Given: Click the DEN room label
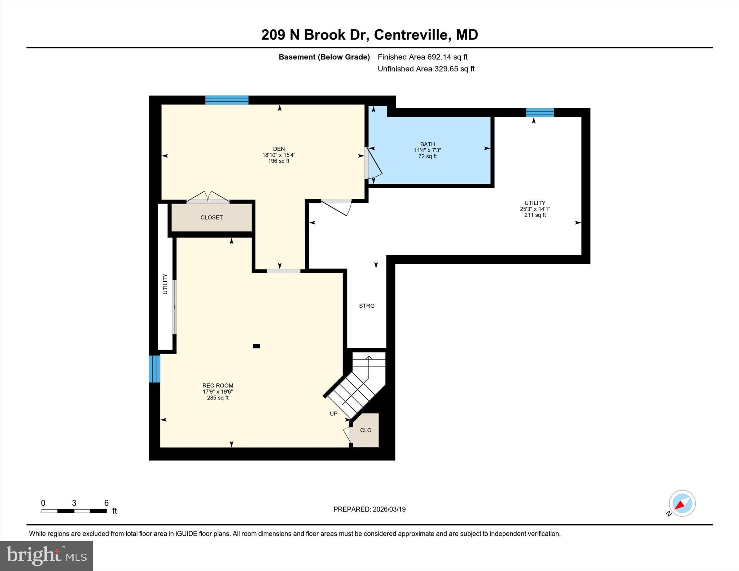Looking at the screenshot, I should [279, 149].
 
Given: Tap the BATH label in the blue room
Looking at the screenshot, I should [427, 144].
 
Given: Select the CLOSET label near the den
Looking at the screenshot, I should [211, 218].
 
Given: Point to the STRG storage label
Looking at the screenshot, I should [367, 306].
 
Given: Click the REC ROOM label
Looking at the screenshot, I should [218, 386].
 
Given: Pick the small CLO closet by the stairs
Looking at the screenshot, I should [366, 430].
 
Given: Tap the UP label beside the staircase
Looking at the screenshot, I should [333, 414].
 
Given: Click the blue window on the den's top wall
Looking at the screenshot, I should [227, 100].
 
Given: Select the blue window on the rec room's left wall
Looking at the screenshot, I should [154, 369].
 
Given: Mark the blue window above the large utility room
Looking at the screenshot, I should [540, 113].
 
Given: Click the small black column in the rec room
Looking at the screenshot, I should [256, 346].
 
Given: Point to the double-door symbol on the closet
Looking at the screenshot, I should [208, 197].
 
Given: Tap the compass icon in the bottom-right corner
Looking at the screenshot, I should [682, 504].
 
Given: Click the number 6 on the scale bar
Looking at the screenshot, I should [106, 503].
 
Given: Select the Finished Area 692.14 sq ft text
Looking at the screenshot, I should [422, 57].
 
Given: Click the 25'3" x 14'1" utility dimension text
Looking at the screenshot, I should [535, 209].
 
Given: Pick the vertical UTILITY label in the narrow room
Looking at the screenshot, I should [165, 284].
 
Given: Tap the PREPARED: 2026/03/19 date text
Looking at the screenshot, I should [369, 509].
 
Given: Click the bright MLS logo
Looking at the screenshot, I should [46, 555].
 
